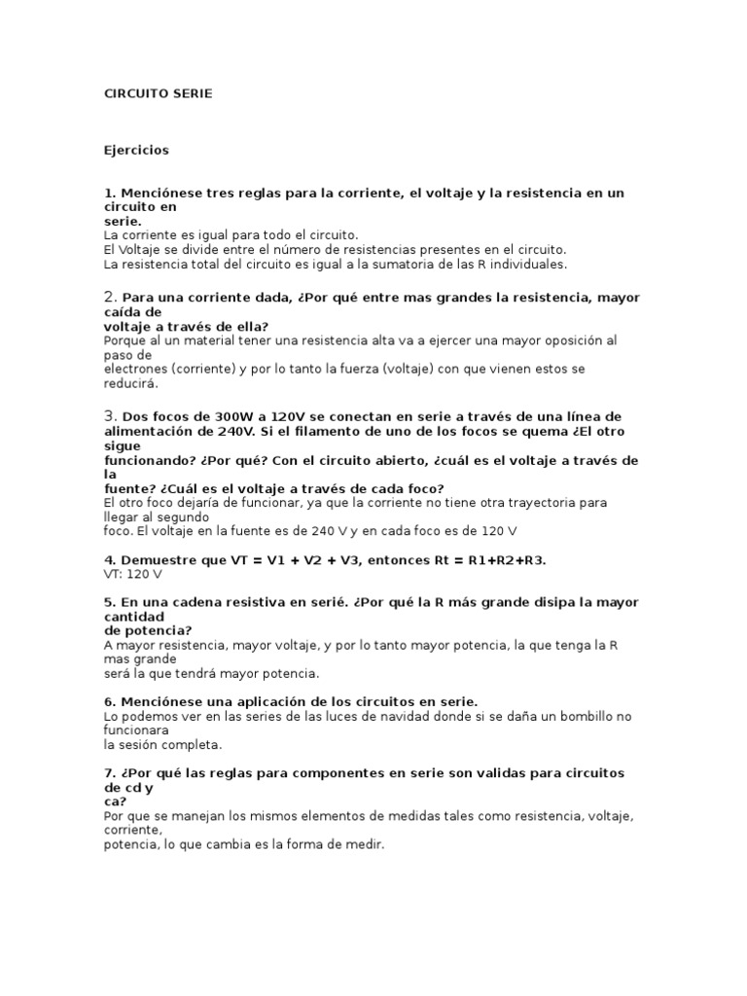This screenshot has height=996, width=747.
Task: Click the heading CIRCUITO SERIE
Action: (x=158, y=93)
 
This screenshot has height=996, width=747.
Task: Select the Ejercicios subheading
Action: (x=136, y=150)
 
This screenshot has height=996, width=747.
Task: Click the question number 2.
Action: (x=110, y=297)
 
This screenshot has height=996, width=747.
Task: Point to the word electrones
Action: (x=136, y=369)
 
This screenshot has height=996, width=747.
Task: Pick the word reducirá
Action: (x=130, y=383)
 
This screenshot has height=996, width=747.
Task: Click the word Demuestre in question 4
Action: (x=159, y=560)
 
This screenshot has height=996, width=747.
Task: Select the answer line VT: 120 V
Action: (x=133, y=575)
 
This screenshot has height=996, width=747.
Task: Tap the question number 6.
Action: (x=109, y=702)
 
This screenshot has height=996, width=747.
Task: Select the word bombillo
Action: (x=561, y=717)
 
